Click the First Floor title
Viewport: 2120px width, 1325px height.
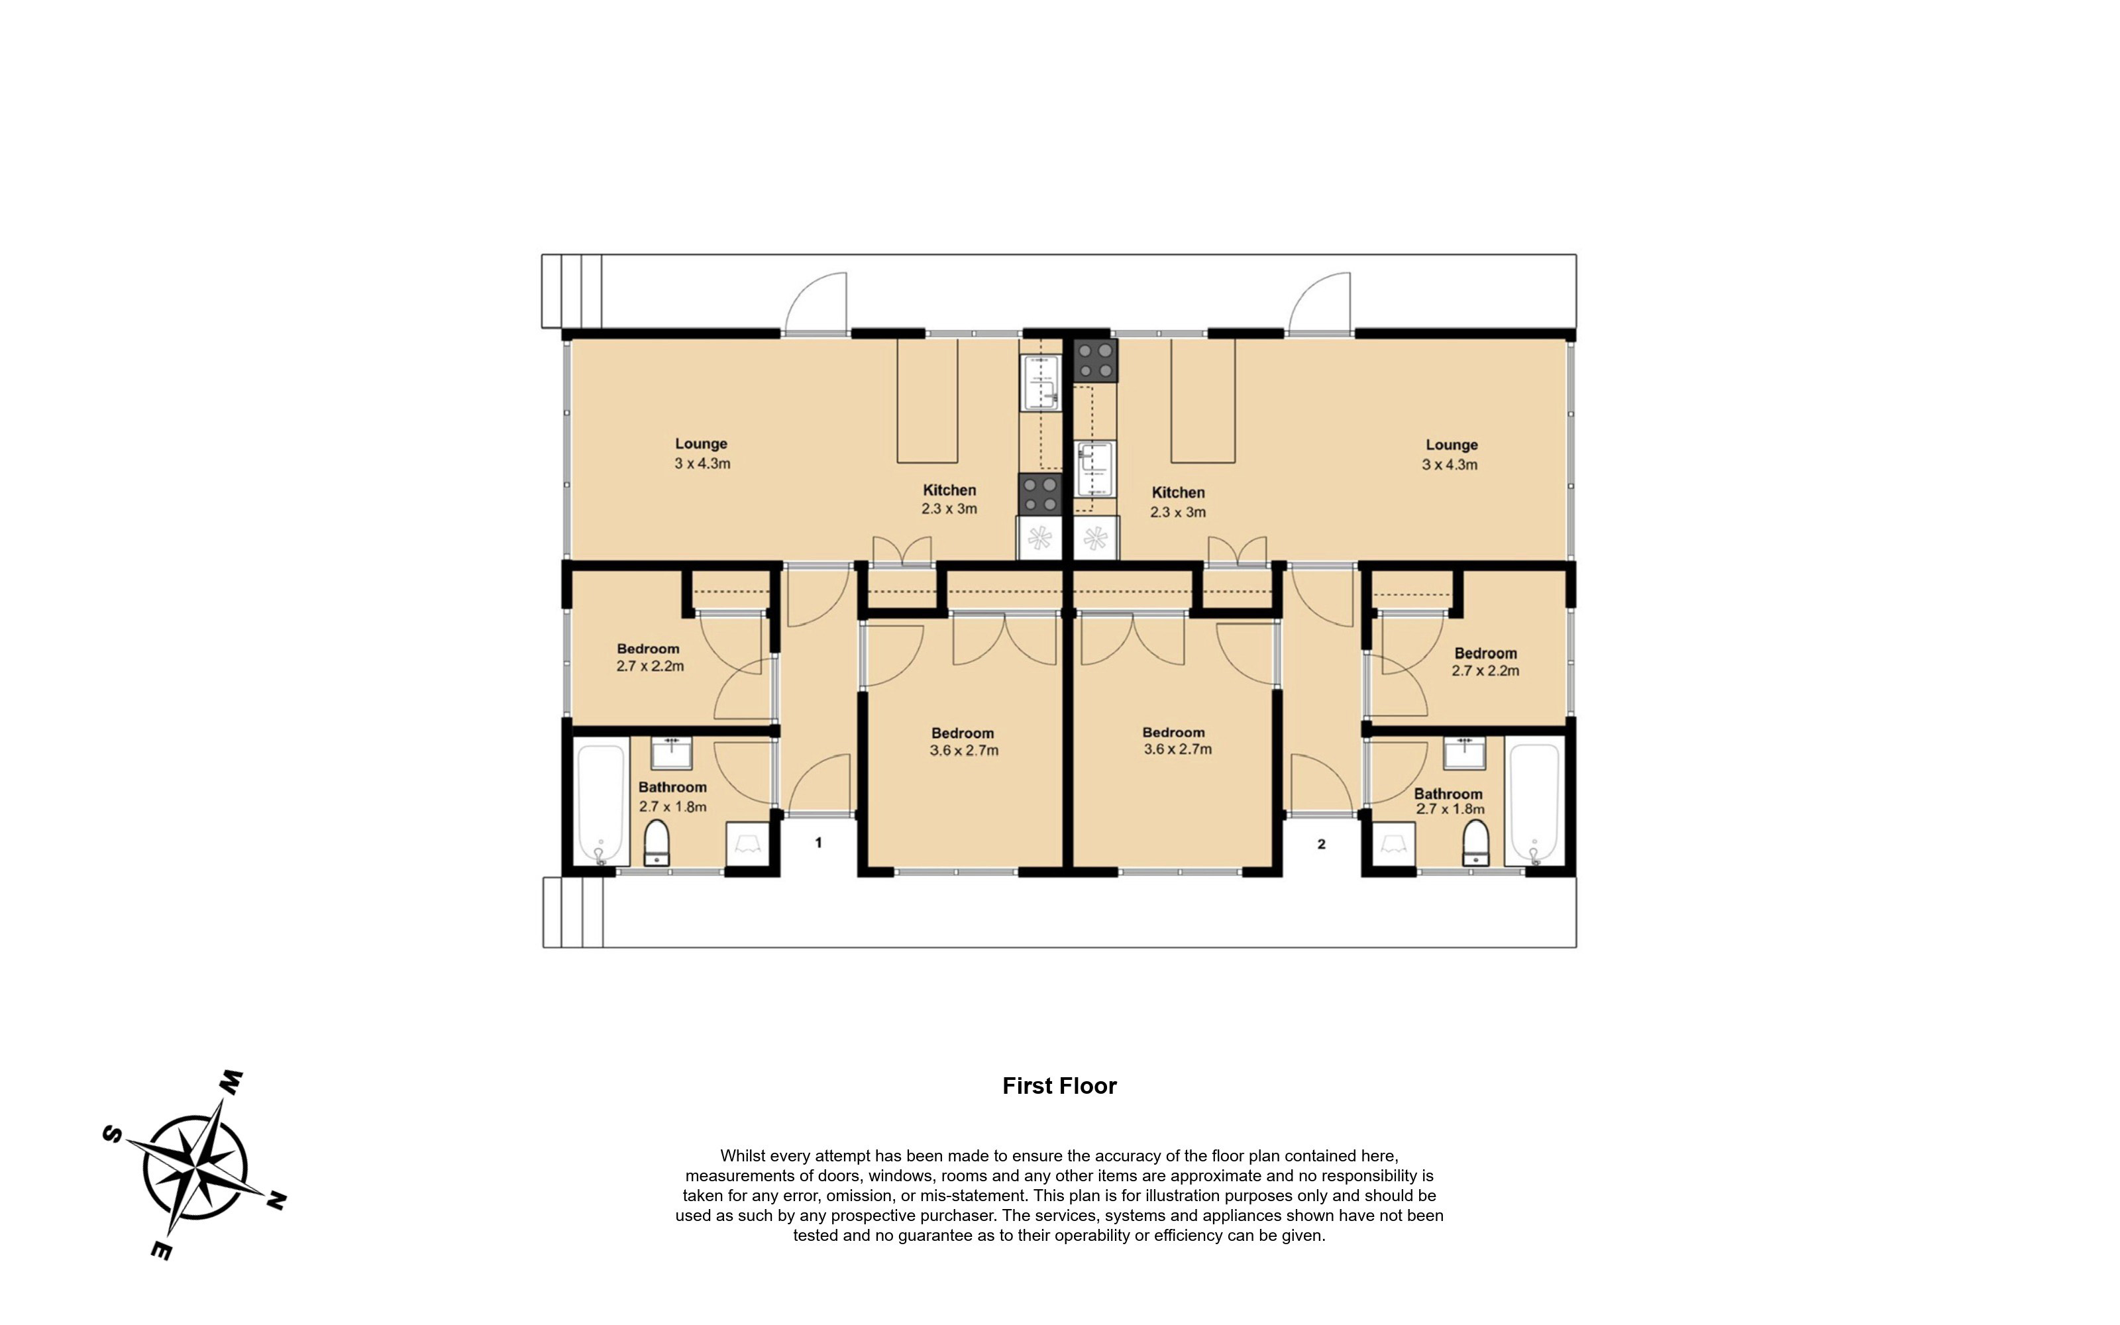pos(1059,1086)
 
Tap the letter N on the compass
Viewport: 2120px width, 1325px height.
pos(276,1200)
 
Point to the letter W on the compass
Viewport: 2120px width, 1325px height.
pos(231,1083)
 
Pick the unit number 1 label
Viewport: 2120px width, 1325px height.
pos(818,842)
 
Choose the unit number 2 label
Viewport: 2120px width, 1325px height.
pos(1321,844)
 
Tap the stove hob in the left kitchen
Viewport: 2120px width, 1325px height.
pos(1040,494)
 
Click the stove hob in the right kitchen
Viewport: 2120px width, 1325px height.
pos(1096,360)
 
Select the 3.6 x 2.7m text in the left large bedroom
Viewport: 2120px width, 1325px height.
pos(964,750)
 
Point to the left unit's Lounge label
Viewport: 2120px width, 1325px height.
pos(701,443)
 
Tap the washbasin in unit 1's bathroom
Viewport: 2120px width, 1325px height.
pos(672,753)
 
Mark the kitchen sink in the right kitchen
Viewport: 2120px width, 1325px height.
pos(1095,469)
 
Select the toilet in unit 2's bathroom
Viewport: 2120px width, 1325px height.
pos(1475,843)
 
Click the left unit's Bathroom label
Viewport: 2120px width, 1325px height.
pos(672,787)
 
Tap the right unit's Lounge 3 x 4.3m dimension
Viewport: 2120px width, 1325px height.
pos(1449,464)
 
